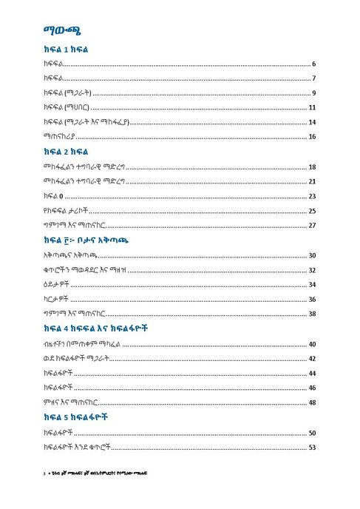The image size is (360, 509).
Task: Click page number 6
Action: (314, 64)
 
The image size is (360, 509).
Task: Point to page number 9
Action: (314, 93)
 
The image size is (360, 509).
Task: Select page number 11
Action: (313, 108)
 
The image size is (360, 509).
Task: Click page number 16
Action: (313, 137)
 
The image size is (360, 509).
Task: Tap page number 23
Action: (313, 197)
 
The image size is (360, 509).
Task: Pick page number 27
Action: (313, 226)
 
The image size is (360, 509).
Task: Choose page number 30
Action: (313, 255)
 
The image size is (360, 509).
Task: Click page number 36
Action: (313, 299)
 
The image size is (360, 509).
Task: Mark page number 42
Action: (313, 359)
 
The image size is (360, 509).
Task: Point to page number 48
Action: (313, 402)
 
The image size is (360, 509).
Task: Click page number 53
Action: (313, 447)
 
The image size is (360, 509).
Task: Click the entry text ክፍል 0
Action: (55, 197)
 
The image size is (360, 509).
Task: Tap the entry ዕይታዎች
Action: (58, 285)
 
